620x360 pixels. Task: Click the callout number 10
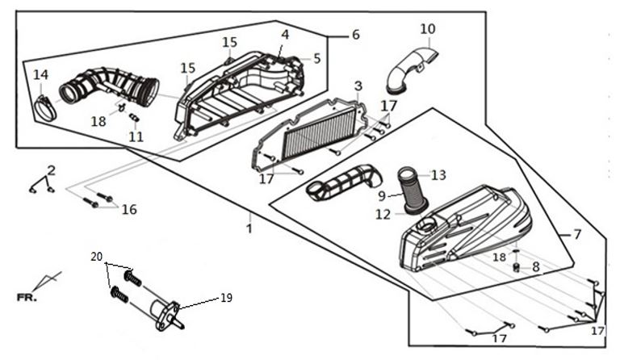(x=427, y=30)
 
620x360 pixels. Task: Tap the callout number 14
(x=40, y=75)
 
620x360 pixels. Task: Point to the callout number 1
(x=249, y=228)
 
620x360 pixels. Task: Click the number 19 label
(x=226, y=298)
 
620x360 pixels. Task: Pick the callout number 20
(x=97, y=257)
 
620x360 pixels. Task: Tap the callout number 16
(x=129, y=210)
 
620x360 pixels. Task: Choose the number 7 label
(x=576, y=235)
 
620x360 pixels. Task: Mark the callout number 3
(x=358, y=86)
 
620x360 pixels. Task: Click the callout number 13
(x=438, y=175)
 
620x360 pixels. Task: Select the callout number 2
(x=51, y=170)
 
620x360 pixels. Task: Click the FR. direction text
(x=27, y=297)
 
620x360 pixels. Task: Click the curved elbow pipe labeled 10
(x=410, y=68)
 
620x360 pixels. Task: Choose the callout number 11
(x=136, y=136)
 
